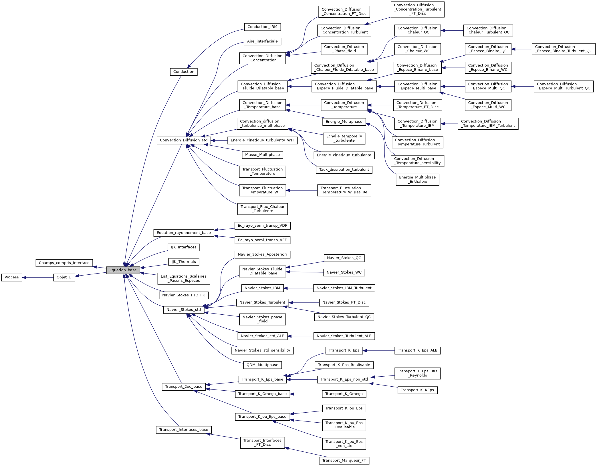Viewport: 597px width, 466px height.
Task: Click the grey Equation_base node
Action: (x=123, y=270)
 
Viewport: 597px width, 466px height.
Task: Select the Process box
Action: (x=12, y=277)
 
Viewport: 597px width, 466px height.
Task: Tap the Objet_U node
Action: (x=64, y=277)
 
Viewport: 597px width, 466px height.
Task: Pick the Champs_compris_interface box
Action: (x=64, y=263)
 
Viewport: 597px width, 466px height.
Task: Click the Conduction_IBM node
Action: (x=262, y=27)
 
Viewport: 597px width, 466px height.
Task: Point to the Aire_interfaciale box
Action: (x=262, y=41)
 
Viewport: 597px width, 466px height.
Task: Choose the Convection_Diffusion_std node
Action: (x=184, y=140)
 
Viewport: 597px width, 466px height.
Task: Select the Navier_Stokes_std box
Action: (x=184, y=310)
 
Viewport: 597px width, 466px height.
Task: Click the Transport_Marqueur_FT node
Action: (x=344, y=461)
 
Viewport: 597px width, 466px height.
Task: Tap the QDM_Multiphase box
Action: (x=262, y=365)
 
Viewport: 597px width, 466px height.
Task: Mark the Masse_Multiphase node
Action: (x=262, y=155)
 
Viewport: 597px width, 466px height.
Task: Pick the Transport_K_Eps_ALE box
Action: (x=417, y=351)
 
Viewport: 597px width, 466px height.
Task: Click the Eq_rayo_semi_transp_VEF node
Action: (x=262, y=240)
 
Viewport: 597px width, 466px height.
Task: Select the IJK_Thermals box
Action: (x=184, y=262)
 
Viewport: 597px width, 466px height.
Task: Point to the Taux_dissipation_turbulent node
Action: (x=344, y=170)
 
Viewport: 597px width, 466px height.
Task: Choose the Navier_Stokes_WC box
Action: (x=344, y=272)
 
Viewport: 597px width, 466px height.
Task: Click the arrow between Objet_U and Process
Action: (x=38, y=278)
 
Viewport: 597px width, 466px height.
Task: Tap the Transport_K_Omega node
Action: (x=344, y=394)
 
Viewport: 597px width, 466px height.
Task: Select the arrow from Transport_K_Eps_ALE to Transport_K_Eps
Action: (x=379, y=351)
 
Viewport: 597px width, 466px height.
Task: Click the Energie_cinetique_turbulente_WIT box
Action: (x=262, y=140)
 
